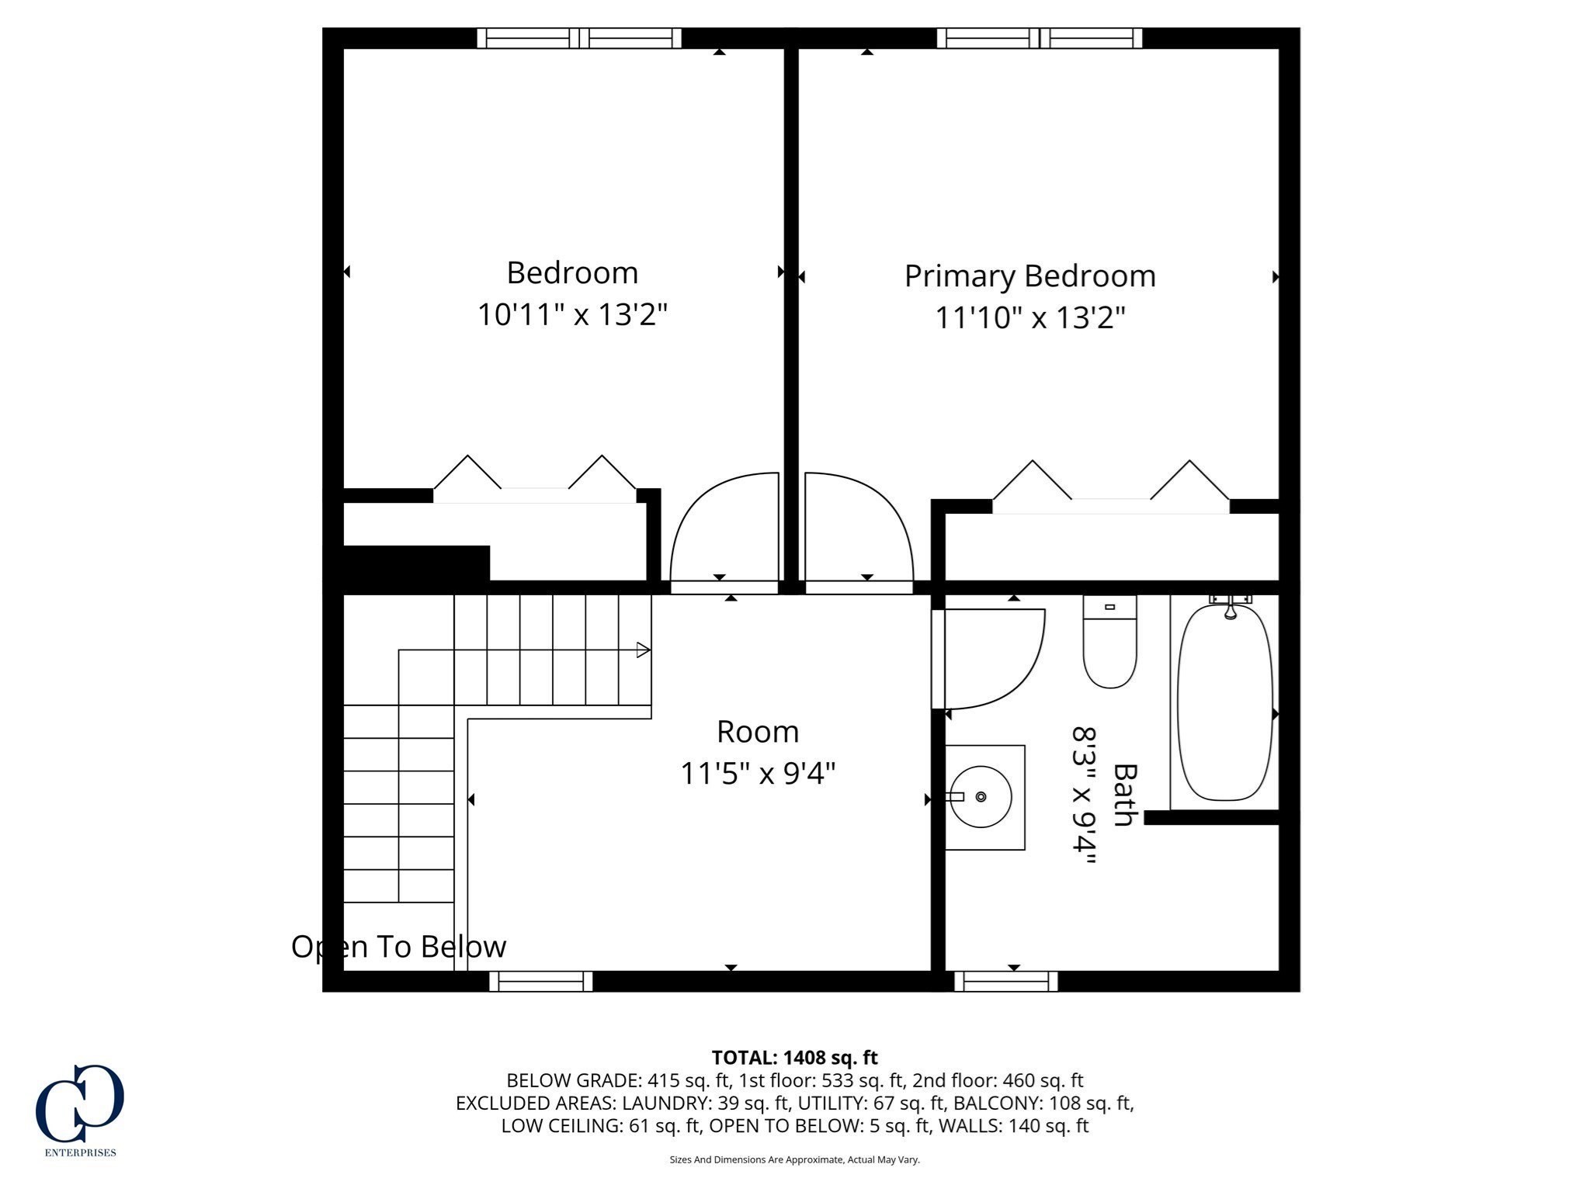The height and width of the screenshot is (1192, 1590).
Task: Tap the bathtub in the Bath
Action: coord(1224,702)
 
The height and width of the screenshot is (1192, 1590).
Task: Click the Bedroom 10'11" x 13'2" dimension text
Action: coord(572,315)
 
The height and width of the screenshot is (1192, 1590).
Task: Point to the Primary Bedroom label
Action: coord(1029,276)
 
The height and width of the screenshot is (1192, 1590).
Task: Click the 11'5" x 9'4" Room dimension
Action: coord(757,773)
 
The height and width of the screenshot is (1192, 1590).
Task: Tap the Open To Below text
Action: coord(398,947)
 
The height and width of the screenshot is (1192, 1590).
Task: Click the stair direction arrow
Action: coord(643,650)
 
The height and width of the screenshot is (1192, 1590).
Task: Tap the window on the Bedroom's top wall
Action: coord(578,38)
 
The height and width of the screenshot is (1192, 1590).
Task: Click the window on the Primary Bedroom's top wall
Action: coord(1039,38)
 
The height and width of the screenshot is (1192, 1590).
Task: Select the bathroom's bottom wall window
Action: coord(1005,982)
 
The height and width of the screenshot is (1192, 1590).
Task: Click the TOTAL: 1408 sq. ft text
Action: coord(794,1058)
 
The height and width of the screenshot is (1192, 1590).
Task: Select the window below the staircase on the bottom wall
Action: coord(540,982)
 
